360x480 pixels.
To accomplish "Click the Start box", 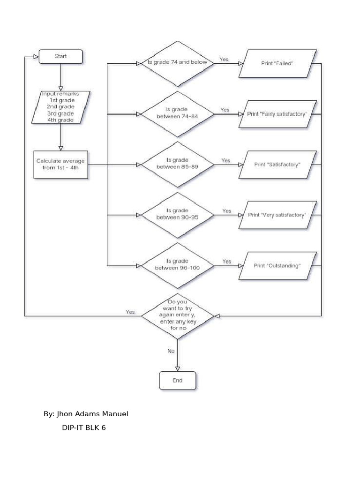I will (x=60, y=57).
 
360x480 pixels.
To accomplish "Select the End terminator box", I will (x=177, y=381).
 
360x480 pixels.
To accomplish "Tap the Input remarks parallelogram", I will (x=60, y=107).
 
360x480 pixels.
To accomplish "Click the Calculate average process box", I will (x=61, y=165).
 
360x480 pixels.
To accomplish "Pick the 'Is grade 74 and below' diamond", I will (x=177, y=63).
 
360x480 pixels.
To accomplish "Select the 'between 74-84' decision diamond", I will (x=177, y=114).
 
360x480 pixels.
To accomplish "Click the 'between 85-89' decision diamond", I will (x=177, y=165).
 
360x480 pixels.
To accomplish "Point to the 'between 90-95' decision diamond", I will (x=177, y=215).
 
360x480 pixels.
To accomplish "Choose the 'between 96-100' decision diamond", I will (x=177, y=266).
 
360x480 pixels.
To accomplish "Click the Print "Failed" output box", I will (x=277, y=63).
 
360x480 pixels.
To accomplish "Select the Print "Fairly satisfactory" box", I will (x=277, y=114).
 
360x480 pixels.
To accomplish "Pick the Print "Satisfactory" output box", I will (x=277, y=165).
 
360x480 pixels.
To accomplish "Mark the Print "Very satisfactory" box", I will (x=277, y=215).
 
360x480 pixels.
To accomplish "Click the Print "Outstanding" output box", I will (x=277, y=266).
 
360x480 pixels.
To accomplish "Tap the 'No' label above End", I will (x=171, y=351).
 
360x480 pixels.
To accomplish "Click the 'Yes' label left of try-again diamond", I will (x=130, y=312).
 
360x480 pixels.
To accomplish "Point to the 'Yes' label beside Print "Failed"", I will (x=224, y=60).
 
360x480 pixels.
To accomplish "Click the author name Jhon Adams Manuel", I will (x=86, y=414).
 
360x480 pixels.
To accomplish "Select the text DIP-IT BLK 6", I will (x=84, y=428).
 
